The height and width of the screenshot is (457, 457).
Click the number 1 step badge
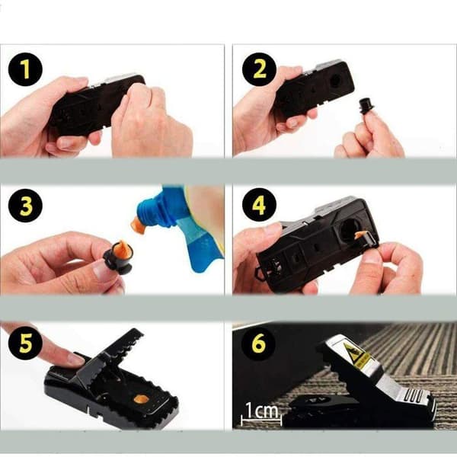(25, 69)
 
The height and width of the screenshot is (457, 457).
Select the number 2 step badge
(259, 69)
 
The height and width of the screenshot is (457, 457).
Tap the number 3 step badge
(25, 206)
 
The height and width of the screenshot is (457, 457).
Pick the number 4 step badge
(259, 205)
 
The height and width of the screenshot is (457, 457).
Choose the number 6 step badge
(258, 343)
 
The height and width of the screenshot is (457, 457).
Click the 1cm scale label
(262, 410)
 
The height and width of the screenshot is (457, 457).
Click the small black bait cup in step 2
(365, 107)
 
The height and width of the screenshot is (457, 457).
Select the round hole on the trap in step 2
(336, 81)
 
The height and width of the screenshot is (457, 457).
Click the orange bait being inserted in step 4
(360, 234)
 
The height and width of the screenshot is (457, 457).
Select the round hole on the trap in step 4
(349, 229)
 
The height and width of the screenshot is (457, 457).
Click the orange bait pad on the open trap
(141, 399)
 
